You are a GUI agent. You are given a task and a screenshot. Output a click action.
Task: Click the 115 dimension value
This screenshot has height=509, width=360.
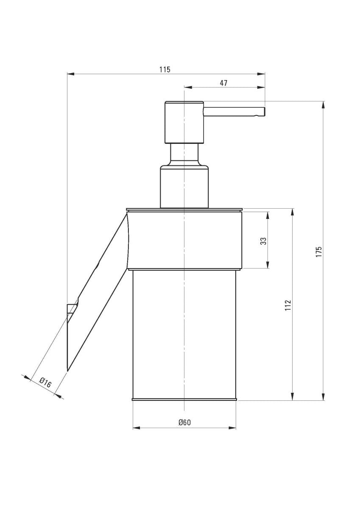pos(165,69)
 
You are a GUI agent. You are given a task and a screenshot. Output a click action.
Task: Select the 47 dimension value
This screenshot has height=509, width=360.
pos(223,83)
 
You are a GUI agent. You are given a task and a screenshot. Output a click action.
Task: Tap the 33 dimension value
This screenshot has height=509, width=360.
pos(263,241)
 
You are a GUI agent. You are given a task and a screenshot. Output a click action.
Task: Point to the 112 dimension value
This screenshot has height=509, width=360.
pos(288,305)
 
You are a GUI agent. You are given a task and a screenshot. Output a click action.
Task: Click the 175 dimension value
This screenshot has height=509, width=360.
pos(319,252)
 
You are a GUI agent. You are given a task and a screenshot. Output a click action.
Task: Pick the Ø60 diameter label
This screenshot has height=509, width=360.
pos(184,422)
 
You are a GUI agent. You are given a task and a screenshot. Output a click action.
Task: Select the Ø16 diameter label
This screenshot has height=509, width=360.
pos(45,383)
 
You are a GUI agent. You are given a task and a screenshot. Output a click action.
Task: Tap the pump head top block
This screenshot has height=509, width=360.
pos(184,122)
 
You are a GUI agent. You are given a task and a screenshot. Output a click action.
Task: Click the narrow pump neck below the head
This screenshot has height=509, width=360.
pos(184,154)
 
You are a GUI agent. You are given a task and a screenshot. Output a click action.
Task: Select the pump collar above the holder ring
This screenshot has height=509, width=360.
pos(184,187)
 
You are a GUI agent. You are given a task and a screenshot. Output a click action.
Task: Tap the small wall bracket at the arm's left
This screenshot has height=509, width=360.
pos(71,308)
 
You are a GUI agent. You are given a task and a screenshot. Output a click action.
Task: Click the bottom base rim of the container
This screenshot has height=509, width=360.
pos(184,400)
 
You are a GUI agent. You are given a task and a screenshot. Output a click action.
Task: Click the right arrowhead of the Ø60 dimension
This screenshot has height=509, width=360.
pos(233,428)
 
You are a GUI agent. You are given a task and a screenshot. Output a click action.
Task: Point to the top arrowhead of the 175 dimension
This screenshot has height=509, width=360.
pos(324,104)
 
